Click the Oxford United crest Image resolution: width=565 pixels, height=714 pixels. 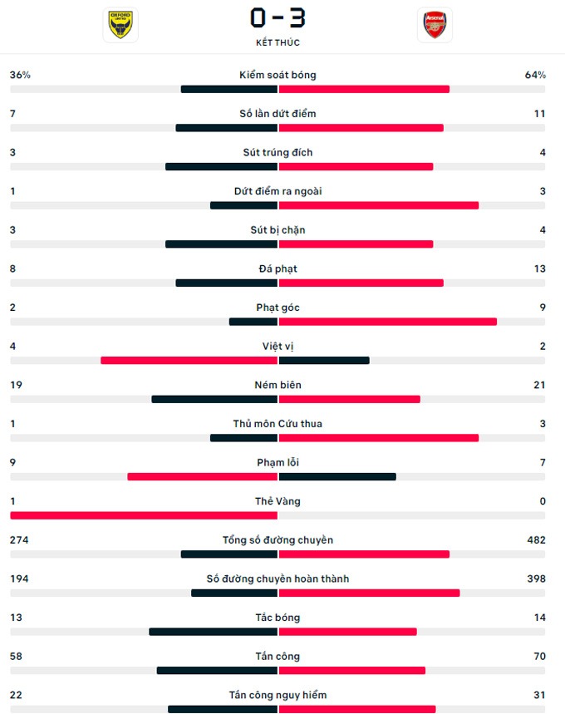[120, 25]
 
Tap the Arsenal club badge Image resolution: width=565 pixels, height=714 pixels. [435, 25]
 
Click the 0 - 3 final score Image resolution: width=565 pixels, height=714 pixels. [278, 17]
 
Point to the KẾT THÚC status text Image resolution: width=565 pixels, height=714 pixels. [278, 42]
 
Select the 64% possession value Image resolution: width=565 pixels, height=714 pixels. [535, 75]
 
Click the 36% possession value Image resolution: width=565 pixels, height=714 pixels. [20, 75]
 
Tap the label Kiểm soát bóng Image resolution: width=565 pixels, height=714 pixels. [278, 75]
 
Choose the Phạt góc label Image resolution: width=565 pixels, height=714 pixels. [278, 308]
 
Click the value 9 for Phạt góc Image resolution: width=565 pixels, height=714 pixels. [543, 308]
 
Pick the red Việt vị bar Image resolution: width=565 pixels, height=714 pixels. [189, 361]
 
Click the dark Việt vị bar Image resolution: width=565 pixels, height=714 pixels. [324, 361]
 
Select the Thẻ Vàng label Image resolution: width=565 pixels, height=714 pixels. [278, 501]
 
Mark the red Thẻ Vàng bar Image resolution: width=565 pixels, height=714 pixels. [143, 515]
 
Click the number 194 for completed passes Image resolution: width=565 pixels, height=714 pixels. [21, 579]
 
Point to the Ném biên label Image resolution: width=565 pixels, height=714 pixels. [278, 385]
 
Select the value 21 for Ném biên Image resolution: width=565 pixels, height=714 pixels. [540, 385]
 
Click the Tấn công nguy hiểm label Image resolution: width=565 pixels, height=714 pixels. [278, 695]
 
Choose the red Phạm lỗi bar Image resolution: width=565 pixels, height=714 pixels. [202, 477]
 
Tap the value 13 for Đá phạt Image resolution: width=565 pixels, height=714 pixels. [540, 268]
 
